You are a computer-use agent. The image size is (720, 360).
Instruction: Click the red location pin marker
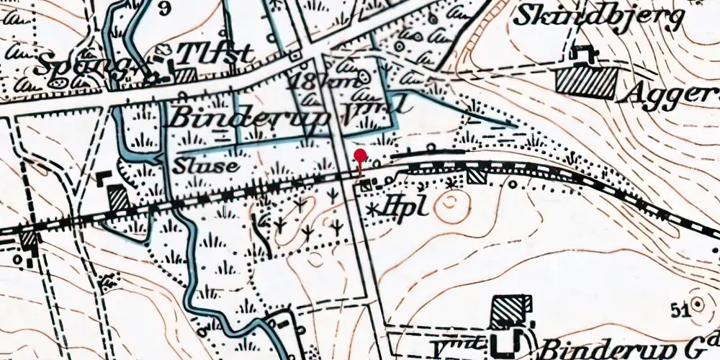pyautogui.click(x=360, y=157)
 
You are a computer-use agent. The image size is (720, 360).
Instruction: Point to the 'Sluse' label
pyautogui.click(x=206, y=165)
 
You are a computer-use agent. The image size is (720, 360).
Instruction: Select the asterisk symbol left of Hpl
pyautogui.click(x=373, y=209)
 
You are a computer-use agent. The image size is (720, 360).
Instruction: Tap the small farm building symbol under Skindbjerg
pyautogui.click(x=582, y=54)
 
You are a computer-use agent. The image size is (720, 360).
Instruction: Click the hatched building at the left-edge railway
pyautogui.click(x=28, y=238)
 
